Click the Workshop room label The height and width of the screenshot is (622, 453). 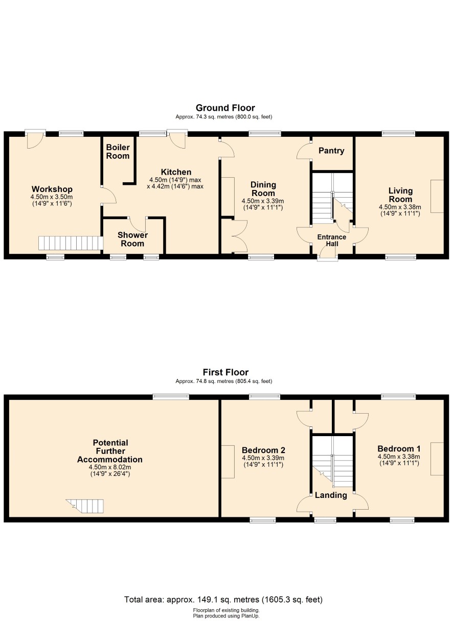coord(52,189)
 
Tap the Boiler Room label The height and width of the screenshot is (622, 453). coord(118,151)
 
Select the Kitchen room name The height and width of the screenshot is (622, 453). coord(176,172)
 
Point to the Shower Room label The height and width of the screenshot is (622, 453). coord(132,239)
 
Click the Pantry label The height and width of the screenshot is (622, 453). coord(331,151)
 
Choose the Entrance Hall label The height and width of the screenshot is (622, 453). coord(332,240)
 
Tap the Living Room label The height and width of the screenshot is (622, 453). coord(400,195)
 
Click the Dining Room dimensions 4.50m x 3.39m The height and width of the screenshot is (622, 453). coord(263,201)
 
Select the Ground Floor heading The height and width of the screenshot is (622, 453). coord(225,108)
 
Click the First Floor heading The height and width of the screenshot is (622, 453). coord(225,372)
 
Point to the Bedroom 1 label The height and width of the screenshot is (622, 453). coord(399,448)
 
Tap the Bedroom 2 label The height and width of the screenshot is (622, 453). coord(263,450)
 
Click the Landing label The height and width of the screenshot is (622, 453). coord(331,495)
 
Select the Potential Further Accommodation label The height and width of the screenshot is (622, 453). coord(110,451)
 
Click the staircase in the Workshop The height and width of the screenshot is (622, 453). coord(71,243)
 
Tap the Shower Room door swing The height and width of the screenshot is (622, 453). coord(137,225)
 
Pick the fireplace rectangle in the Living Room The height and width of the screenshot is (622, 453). coord(437,196)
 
